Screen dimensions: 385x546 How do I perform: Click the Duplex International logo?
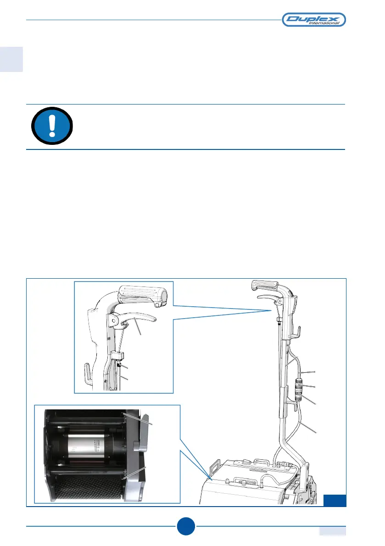pyautogui.click(x=313, y=19)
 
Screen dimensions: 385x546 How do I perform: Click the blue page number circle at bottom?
pyautogui.click(x=186, y=526)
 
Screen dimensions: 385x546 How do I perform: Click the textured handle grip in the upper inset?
pyautogui.click(x=142, y=294)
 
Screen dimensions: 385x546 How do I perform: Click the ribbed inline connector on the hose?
pyautogui.click(x=298, y=387)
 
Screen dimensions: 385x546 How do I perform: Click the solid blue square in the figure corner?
pyautogui.click(x=335, y=500)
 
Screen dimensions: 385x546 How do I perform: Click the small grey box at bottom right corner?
pyautogui.click(x=333, y=530)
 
